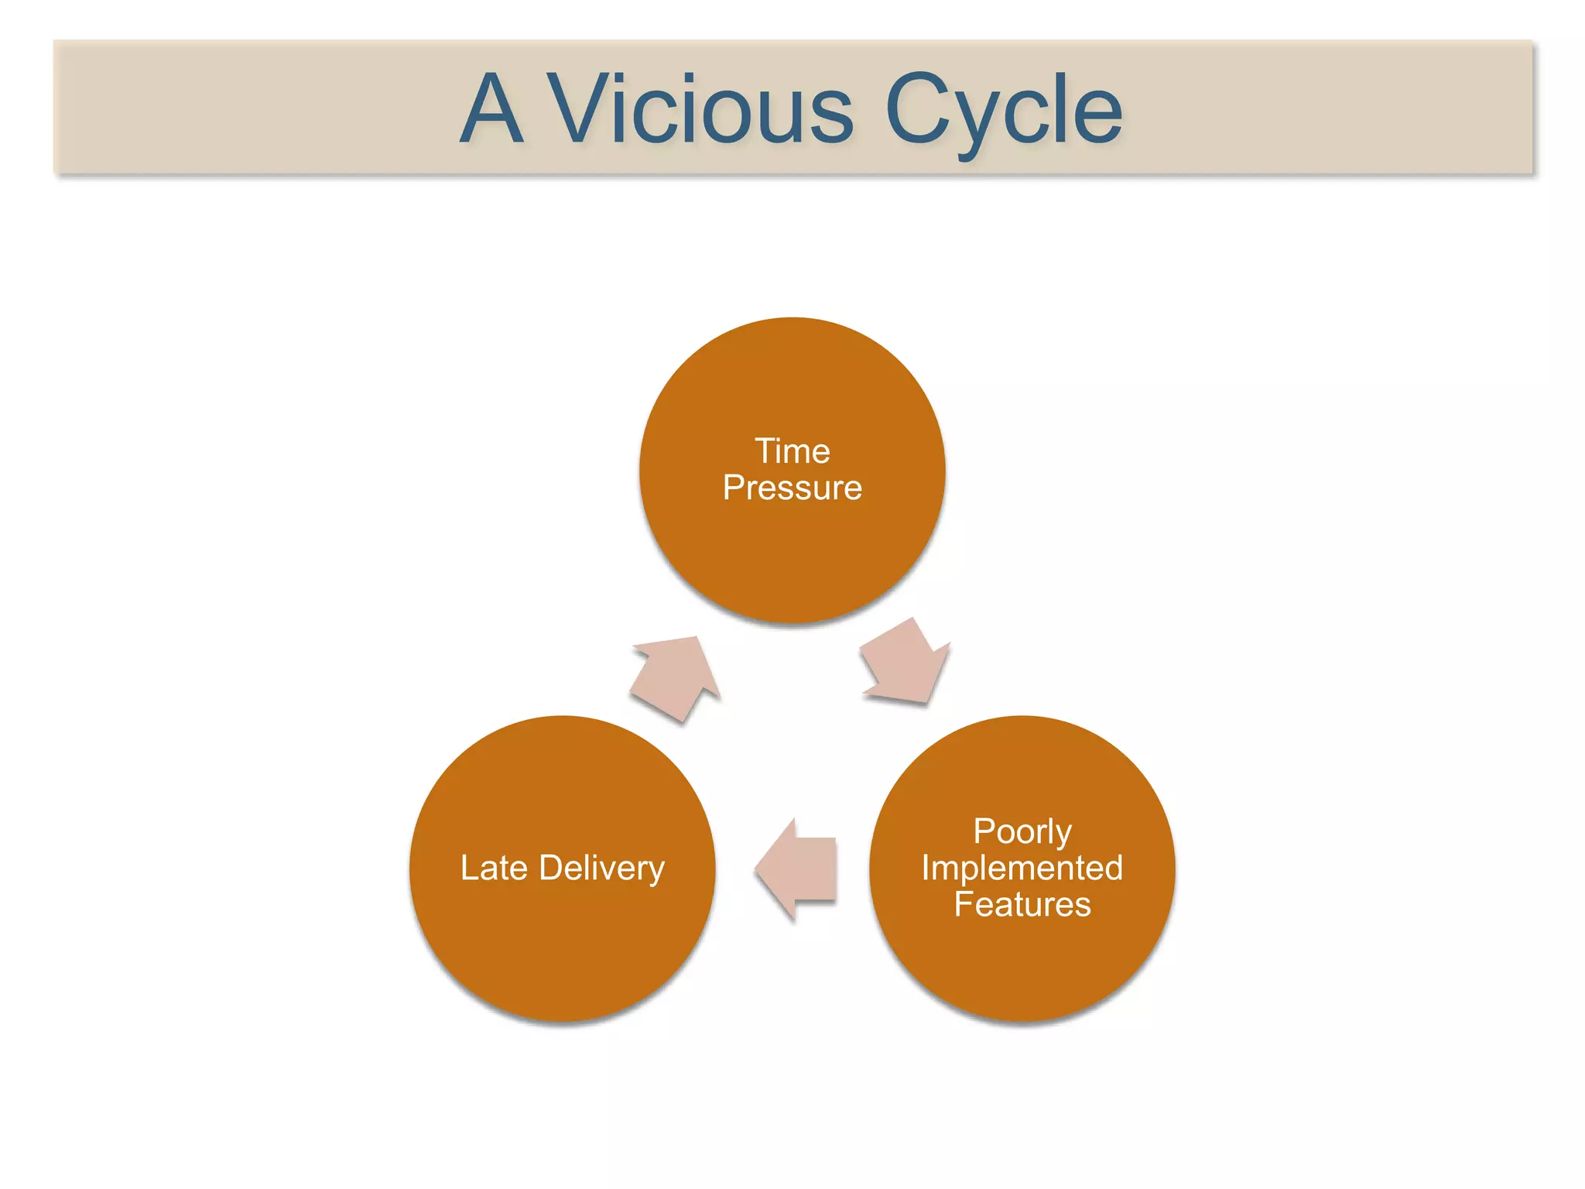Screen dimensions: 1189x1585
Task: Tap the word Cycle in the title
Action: (x=1003, y=110)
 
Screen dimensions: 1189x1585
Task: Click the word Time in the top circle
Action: (x=792, y=451)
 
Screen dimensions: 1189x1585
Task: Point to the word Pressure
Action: (x=792, y=488)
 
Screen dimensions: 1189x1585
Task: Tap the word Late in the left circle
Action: (x=493, y=868)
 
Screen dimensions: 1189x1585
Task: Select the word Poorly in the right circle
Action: (x=1022, y=832)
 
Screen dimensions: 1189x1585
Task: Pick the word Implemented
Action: (x=1022, y=869)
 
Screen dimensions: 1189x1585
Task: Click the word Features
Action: (x=1022, y=904)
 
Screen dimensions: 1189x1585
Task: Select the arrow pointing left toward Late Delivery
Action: (x=797, y=869)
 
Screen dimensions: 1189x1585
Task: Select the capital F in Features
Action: (x=963, y=904)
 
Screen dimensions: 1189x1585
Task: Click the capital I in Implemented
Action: (x=926, y=869)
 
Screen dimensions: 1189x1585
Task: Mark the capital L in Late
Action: (x=468, y=868)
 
